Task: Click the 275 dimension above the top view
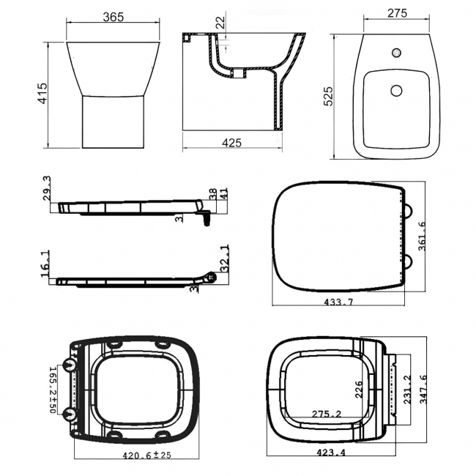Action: pos(396,13)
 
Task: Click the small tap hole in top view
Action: pos(396,53)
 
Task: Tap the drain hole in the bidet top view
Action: pos(396,90)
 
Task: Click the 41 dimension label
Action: pos(224,194)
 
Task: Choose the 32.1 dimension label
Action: pos(224,257)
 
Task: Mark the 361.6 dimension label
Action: pos(420,237)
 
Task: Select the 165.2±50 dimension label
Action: pos(52,390)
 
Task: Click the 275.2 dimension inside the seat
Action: pos(328,414)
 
